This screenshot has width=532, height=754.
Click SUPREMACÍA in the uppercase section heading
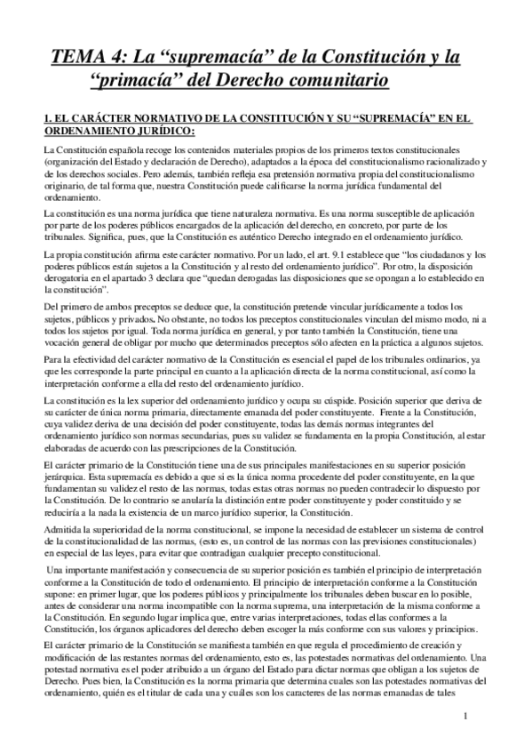pyautogui.click(x=369, y=117)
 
